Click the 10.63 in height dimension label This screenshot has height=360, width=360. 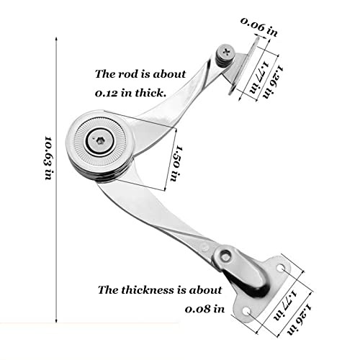(x=48, y=158)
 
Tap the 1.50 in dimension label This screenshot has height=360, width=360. (x=176, y=163)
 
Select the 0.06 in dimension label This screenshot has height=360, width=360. (x=259, y=27)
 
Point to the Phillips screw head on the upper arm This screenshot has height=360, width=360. (x=226, y=52)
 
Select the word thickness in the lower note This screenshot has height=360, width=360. (x=148, y=290)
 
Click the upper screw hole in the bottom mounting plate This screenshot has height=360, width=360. (x=281, y=268)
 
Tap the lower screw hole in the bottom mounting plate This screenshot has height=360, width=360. (x=246, y=312)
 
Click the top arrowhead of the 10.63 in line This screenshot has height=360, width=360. (x=56, y=39)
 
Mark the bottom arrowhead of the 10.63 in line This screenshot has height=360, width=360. (x=56, y=321)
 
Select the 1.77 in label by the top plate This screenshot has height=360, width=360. (x=259, y=77)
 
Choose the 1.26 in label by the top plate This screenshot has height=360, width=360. (x=273, y=81)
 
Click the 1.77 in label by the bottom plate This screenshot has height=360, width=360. (x=285, y=305)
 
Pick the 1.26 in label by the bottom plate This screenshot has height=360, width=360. (x=299, y=319)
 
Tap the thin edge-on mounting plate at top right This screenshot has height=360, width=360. (x=244, y=65)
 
